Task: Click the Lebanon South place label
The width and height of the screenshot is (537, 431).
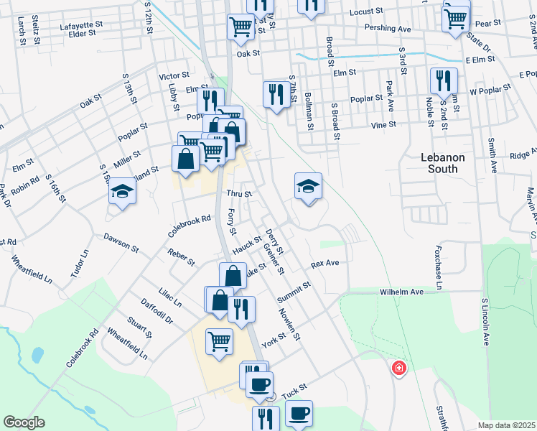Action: pyautogui.click(x=443, y=164)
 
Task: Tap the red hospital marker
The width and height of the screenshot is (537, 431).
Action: pyautogui.click(x=398, y=369)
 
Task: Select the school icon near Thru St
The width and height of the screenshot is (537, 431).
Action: pyautogui.click(x=308, y=187)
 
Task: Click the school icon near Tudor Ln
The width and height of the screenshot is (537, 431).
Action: pyautogui.click(x=122, y=192)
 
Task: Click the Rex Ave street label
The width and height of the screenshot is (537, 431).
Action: pyautogui.click(x=324, y=264)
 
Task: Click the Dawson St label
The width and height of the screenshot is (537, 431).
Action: pyautogui.click(x=121, y=241)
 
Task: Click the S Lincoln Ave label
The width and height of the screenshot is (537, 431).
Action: pyautogui.click(x=485, y=323)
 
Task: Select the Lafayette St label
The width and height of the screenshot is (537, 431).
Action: pyautogui.click(x=81, y=24)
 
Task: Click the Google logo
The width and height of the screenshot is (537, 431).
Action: pyautogui.click(x=24, y=422)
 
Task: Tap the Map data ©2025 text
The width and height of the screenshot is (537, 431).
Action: pyautogui.click(x=506, y=425)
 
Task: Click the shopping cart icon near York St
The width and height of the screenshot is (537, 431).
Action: pyautogui.click(x=219, y=340)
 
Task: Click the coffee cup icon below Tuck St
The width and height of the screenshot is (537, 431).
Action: pyautogui.click(x=299, y=413)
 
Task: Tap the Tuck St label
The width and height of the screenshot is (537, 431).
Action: pyautogui.click(x=294, y=390)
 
